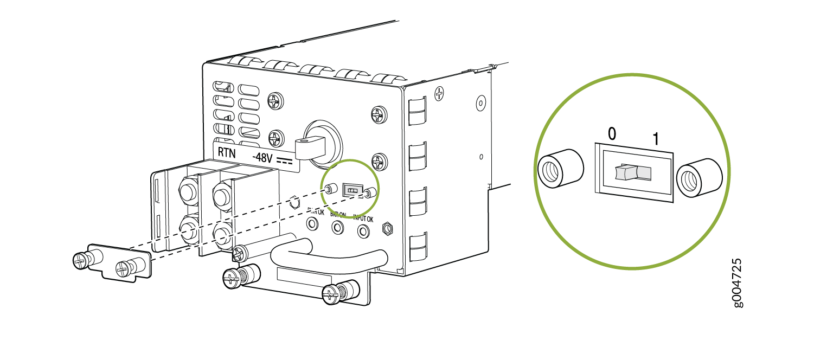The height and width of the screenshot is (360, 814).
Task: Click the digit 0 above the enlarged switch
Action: click(x=612, y=134)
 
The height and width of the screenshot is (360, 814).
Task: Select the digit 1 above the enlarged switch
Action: click(x=655, y=138)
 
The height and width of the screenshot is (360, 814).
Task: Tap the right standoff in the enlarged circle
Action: click(x=700, y=178)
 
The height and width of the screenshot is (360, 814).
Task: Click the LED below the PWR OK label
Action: click(x=312, y=223)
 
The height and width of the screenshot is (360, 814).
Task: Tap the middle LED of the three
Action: click(x=337, y=228)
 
